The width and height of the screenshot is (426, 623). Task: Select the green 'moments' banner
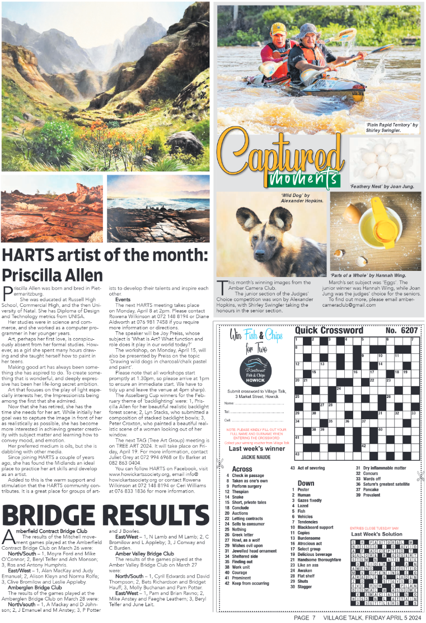[303, 179]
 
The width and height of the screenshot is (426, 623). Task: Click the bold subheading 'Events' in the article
[123, 299]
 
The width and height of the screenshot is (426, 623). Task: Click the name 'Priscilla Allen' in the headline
[53, 275]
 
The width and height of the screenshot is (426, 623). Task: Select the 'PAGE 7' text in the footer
[306, 617]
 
